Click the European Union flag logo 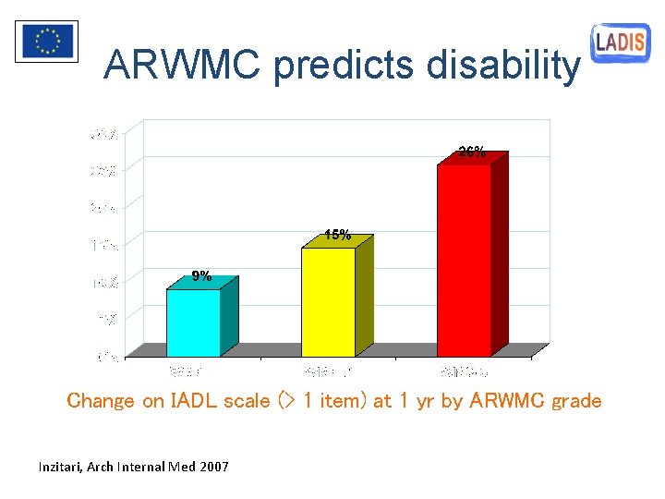(46, 41)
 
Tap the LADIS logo (621, 42)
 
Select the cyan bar (193, 323)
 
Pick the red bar (464, 260)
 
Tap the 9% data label (201, 275)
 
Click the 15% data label (337, 235)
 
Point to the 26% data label (472, 152)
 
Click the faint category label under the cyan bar (185, 371)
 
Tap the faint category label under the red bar (464, 371)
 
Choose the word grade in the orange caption (576, 401)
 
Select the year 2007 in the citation (213, 467)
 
